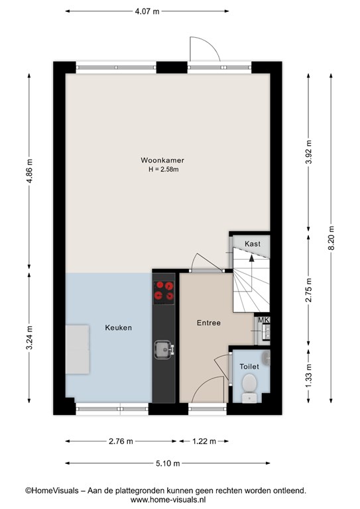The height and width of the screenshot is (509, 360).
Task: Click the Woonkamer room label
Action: pyautogui.click(x=162, y=160)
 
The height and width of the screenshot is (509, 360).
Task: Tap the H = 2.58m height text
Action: pyautogui.click(x=164, y=169)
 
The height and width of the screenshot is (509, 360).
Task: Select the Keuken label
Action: pyautogui.click(x=119, y=327)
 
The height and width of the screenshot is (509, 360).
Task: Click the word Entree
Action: pyautogui.click(x=209, y=323)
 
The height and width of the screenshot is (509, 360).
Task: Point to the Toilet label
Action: pyautogui.click(x=249, y=367)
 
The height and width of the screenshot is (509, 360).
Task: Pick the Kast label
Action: pyautogui.click(x=253, y=243)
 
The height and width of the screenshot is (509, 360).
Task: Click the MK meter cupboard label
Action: pyautogui.click(x=264, y=320)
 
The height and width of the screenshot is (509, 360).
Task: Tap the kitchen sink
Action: pyautogui.click(x=164, y=349)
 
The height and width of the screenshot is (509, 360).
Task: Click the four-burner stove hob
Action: pyautogui.click(x=164, y=291)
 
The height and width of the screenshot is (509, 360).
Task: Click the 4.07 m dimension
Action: pyautogui.click(x=147, y=11)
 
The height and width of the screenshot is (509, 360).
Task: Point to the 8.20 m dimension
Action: pyautogui.click(x=331, y=238)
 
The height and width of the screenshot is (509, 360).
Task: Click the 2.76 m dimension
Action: pyautogui.click(x=121, y=441)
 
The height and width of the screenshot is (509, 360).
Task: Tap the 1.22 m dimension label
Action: pyautogui.click(x=204, y=441)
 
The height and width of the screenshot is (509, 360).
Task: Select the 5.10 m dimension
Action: pyautogui.click(x=168, y=463)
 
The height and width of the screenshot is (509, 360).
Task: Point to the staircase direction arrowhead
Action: pyautogui.click(x=251, y=258)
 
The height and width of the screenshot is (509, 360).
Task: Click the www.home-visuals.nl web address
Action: pyautogui.click(x=168, y=500)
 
